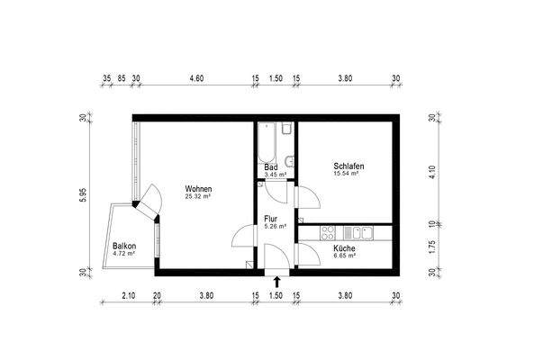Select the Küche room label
[x=344, y=248]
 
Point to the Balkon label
[x=124, y=247]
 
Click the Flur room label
[x=271, y=219]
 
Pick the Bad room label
[x=270, y=167]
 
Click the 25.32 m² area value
[x=197, y=195]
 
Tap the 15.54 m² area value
[x=347, y=174]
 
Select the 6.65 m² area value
[x=344, y=256]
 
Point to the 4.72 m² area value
[x=124, y=254]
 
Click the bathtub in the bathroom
[x=267, y=141]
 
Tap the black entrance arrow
[x=276, y=282]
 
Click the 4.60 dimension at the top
[x=195, y=78]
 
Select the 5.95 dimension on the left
[x=82, y=195]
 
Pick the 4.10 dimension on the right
[x=432, y=168]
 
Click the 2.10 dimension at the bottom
[x=128, y=295]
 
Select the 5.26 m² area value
[x=275, y=226]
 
